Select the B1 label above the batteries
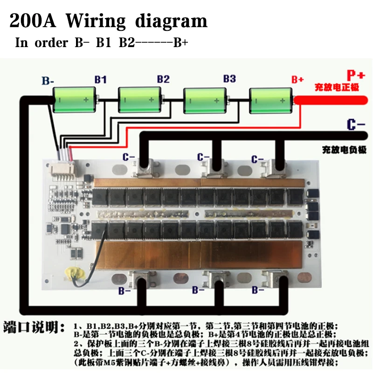click(100, 79)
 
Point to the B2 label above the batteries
click(163, 79)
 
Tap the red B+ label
click(297, 79)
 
